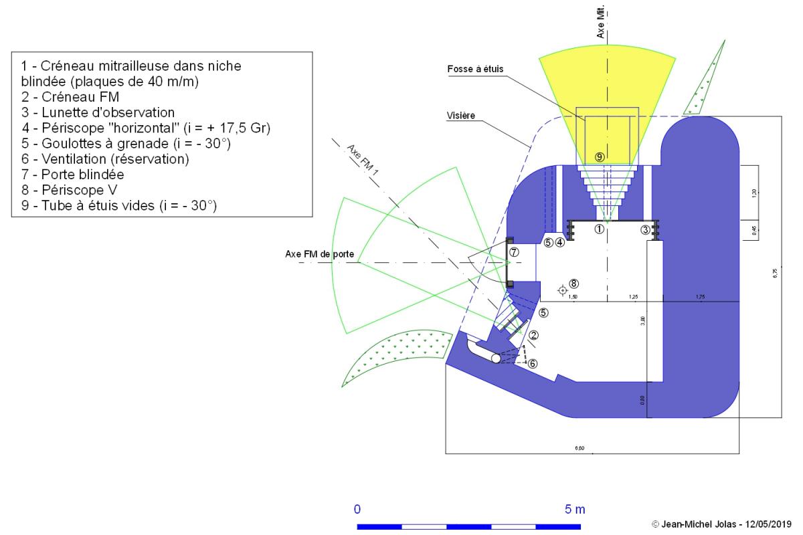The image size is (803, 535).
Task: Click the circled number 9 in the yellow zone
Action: click(600, 156)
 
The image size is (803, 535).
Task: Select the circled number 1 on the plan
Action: click(600, 229)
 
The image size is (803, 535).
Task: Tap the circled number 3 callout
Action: click(645, 230)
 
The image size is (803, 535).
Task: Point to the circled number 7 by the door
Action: click(514, 252)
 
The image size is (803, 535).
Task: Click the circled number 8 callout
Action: click(573, 284)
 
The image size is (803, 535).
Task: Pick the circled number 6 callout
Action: click(533, 364)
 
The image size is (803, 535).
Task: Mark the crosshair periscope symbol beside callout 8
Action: click(562, 290)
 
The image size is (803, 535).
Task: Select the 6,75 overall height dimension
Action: click(775, 272)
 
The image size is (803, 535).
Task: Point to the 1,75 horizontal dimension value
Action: click(700, 296)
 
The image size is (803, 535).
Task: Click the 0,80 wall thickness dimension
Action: click(643, 400)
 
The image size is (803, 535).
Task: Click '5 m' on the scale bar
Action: click(575, 510)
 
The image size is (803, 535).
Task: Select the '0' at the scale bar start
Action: click(358, 510)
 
